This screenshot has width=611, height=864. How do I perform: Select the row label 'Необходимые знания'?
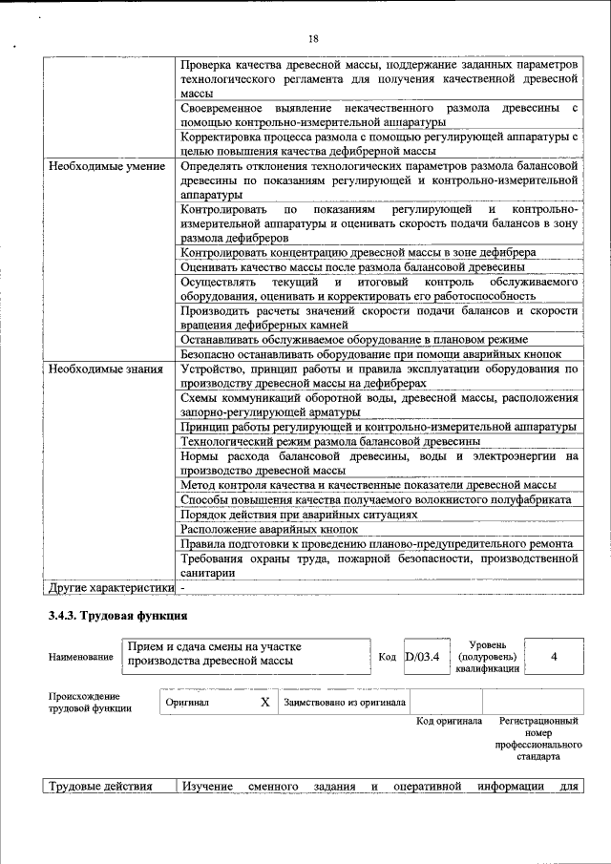coord(106,368)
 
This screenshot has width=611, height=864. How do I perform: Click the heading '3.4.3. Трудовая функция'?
coord(117,616)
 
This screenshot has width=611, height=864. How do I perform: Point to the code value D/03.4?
coord(422,657)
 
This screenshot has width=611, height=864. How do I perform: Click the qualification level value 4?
coord(554,657)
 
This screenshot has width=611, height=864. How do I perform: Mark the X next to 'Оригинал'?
coord(265,702)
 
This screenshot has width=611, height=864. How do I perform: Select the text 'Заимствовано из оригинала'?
coord(345,703)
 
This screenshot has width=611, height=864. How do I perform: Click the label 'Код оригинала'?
coord(449,721)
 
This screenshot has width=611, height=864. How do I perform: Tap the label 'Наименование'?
coord(78,658)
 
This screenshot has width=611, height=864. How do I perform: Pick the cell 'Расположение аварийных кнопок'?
coord(269,529)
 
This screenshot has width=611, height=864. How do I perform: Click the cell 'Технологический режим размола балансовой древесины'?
coord(329,440)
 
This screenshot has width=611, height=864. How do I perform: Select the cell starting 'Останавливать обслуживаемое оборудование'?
coord(354,339)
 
